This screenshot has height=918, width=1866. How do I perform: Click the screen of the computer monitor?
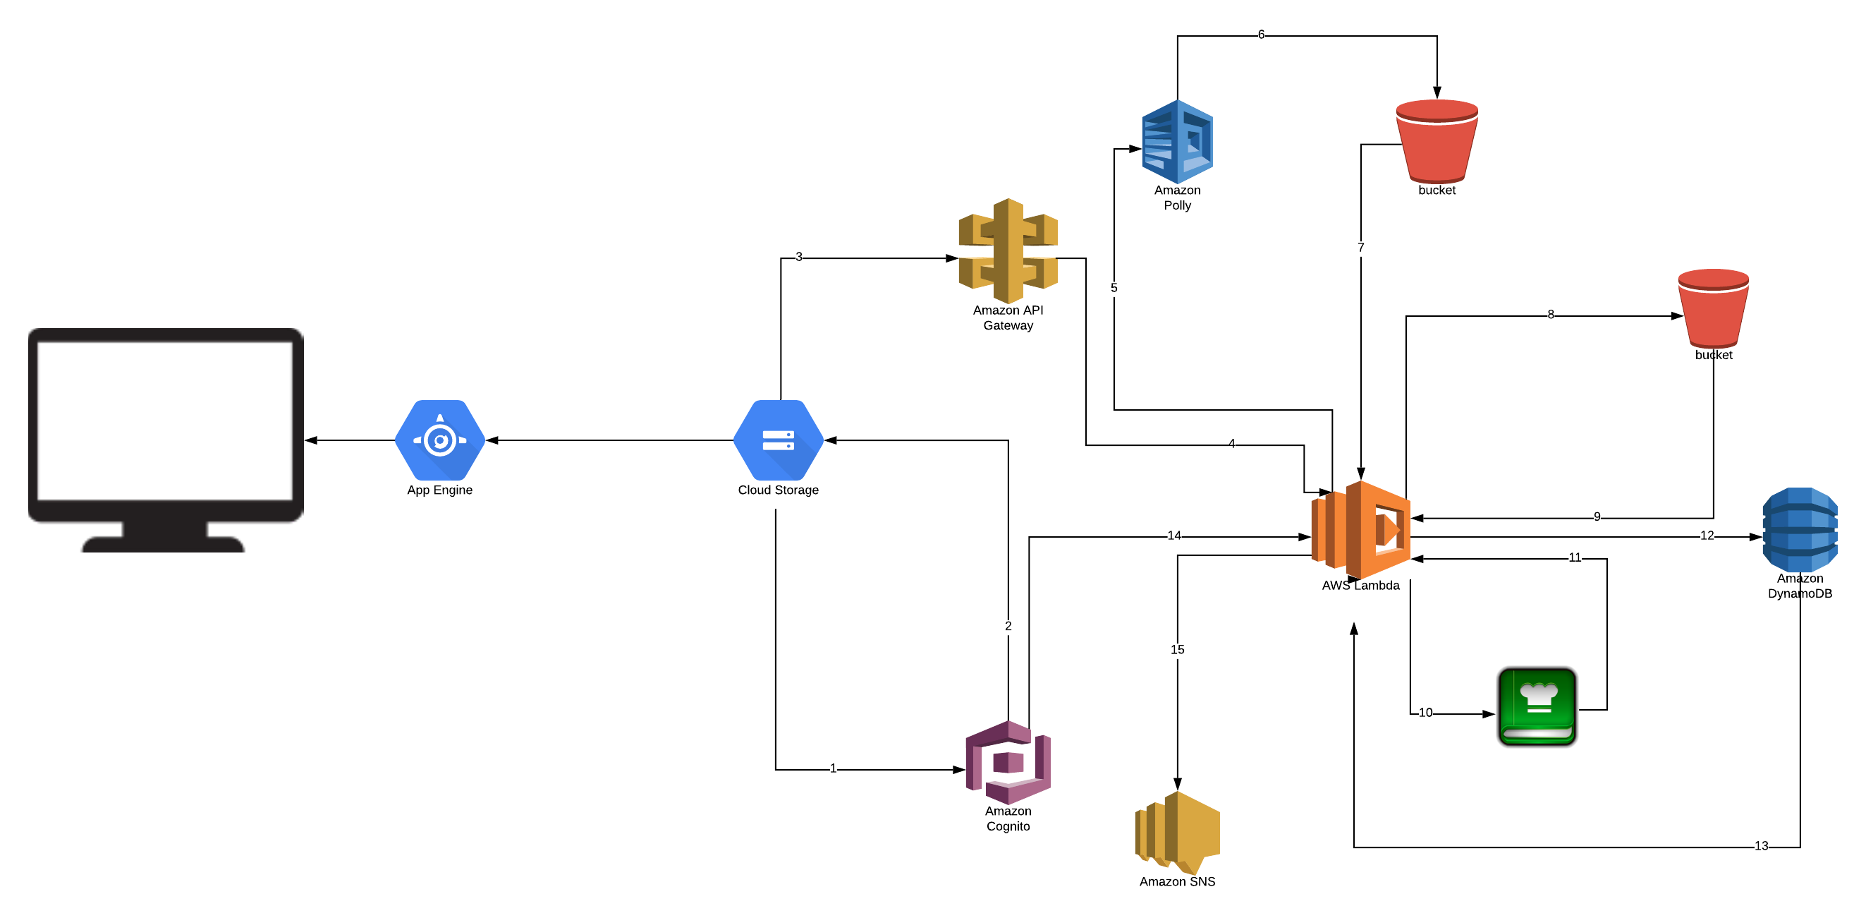point(165,421)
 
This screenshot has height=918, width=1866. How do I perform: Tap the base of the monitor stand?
point(163,545)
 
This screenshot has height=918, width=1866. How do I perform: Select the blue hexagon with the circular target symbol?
point(439,440)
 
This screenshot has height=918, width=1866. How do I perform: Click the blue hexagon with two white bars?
point(778,440)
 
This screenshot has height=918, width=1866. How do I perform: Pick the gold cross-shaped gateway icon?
point(1008,250)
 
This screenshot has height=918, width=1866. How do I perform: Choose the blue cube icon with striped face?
point(1177,142)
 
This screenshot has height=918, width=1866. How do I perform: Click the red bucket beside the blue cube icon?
point(1437,145)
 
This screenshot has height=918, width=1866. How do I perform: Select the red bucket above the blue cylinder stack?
point(1713,312)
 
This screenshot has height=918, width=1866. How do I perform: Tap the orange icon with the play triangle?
point(1360,530)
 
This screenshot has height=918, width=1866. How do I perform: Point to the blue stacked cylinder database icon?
point(1800,530)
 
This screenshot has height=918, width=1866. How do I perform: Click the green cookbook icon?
point(1537,706)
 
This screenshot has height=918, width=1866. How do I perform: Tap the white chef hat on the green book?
point(1539,696)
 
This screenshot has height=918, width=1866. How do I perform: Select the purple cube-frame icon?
point(1008,762)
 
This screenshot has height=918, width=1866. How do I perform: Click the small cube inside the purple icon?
point(1008,763)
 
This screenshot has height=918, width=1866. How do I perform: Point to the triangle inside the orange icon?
point(1391,530)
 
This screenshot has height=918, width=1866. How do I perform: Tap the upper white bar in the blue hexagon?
point(778,435)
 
